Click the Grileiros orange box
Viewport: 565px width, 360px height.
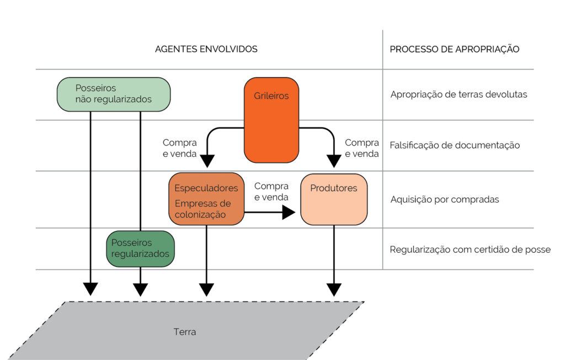point(271,120)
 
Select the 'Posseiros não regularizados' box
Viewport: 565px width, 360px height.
point(114,94)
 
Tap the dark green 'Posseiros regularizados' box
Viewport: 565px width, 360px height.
point(140,248)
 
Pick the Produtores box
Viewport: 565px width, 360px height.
point(334,199)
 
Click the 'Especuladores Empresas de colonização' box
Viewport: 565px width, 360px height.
point(206,199)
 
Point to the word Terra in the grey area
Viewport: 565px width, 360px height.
point(185,332)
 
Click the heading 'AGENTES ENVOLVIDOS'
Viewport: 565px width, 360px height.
point(206,49)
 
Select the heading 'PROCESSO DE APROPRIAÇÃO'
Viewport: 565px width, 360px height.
point(455,49)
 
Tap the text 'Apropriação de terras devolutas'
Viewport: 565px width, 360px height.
point(459,94)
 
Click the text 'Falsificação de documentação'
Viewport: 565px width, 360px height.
point(455,145)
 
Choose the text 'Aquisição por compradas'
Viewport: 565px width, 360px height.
point(444,199)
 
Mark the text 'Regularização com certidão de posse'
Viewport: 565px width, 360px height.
point(470,250)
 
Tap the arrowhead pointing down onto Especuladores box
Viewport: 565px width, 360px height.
point(206,161)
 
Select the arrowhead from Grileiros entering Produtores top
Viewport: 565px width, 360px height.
point(334,161)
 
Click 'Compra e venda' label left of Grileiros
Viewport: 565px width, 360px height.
point(180,149)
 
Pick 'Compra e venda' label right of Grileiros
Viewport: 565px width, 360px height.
point(362,149)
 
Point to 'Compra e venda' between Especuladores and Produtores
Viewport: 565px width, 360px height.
point(271,192)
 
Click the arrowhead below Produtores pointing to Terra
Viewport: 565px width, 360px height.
point(334,289)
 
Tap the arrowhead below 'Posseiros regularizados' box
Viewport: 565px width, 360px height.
point(140,289)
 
